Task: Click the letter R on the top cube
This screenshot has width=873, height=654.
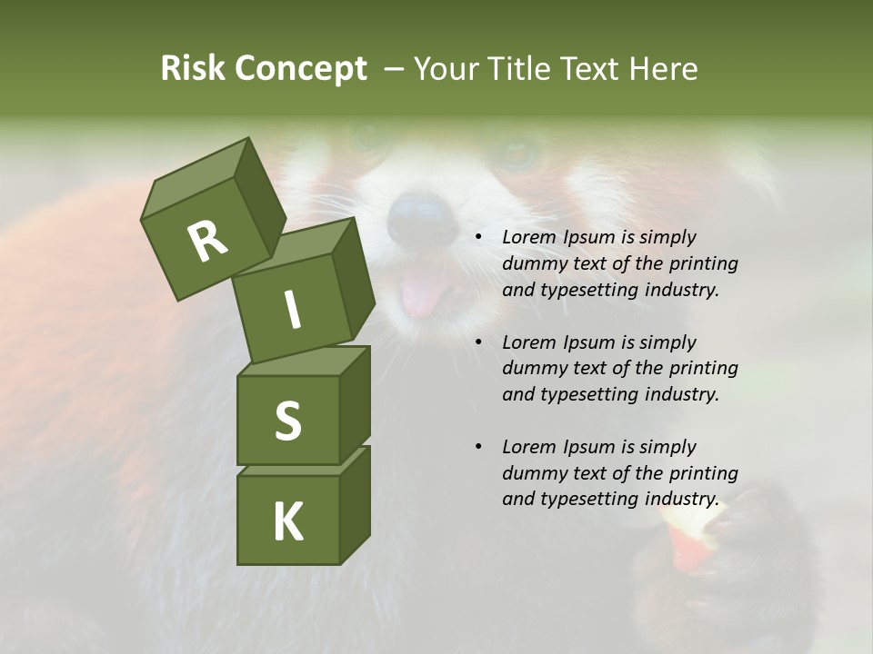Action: click(206, 241)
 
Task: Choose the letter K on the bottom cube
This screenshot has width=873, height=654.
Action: click(287, 521)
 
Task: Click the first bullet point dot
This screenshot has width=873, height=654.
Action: click(478, 237)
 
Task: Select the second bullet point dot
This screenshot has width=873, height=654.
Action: click(478, 342)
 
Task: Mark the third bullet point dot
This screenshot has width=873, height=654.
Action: click(478, 447)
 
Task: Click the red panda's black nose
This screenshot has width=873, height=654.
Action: click(420, 218)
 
